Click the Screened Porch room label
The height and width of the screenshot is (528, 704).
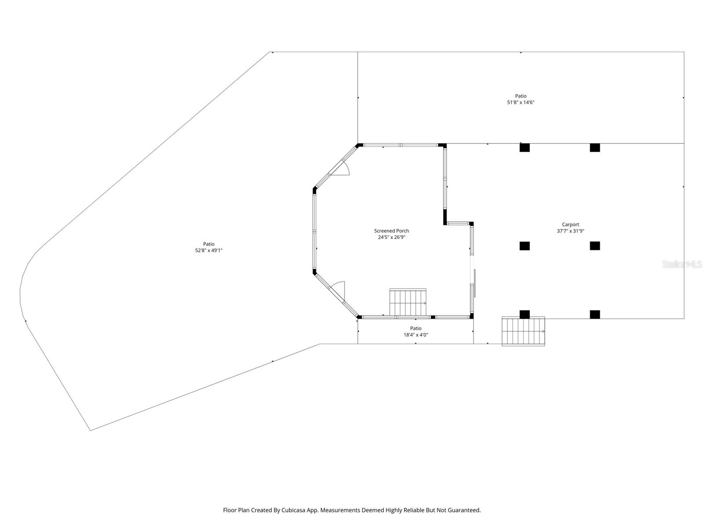pos(391,231)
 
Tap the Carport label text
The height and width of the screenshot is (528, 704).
pos(570,224)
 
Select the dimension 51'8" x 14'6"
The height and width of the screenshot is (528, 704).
pos(521,103)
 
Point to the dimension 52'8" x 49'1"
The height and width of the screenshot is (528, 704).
pos(209,250)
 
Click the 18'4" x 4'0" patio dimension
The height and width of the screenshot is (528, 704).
pos(415,335)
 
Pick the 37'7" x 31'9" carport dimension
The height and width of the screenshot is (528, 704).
pos(570,231)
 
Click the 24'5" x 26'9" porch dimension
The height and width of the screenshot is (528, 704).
pos(391,237)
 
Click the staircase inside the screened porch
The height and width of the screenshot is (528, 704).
pos(408,302)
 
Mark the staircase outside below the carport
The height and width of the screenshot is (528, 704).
pos(523,331)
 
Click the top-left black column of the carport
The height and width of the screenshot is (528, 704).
pos(524,148)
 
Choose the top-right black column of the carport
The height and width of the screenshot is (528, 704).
pos(595,148)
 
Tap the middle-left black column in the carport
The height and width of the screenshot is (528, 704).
pos(524,246)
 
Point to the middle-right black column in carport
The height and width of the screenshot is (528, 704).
pos(595,246)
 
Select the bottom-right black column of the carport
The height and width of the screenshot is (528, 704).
pos(595,314)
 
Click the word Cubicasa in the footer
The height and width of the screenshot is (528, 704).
pos(301,510)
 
